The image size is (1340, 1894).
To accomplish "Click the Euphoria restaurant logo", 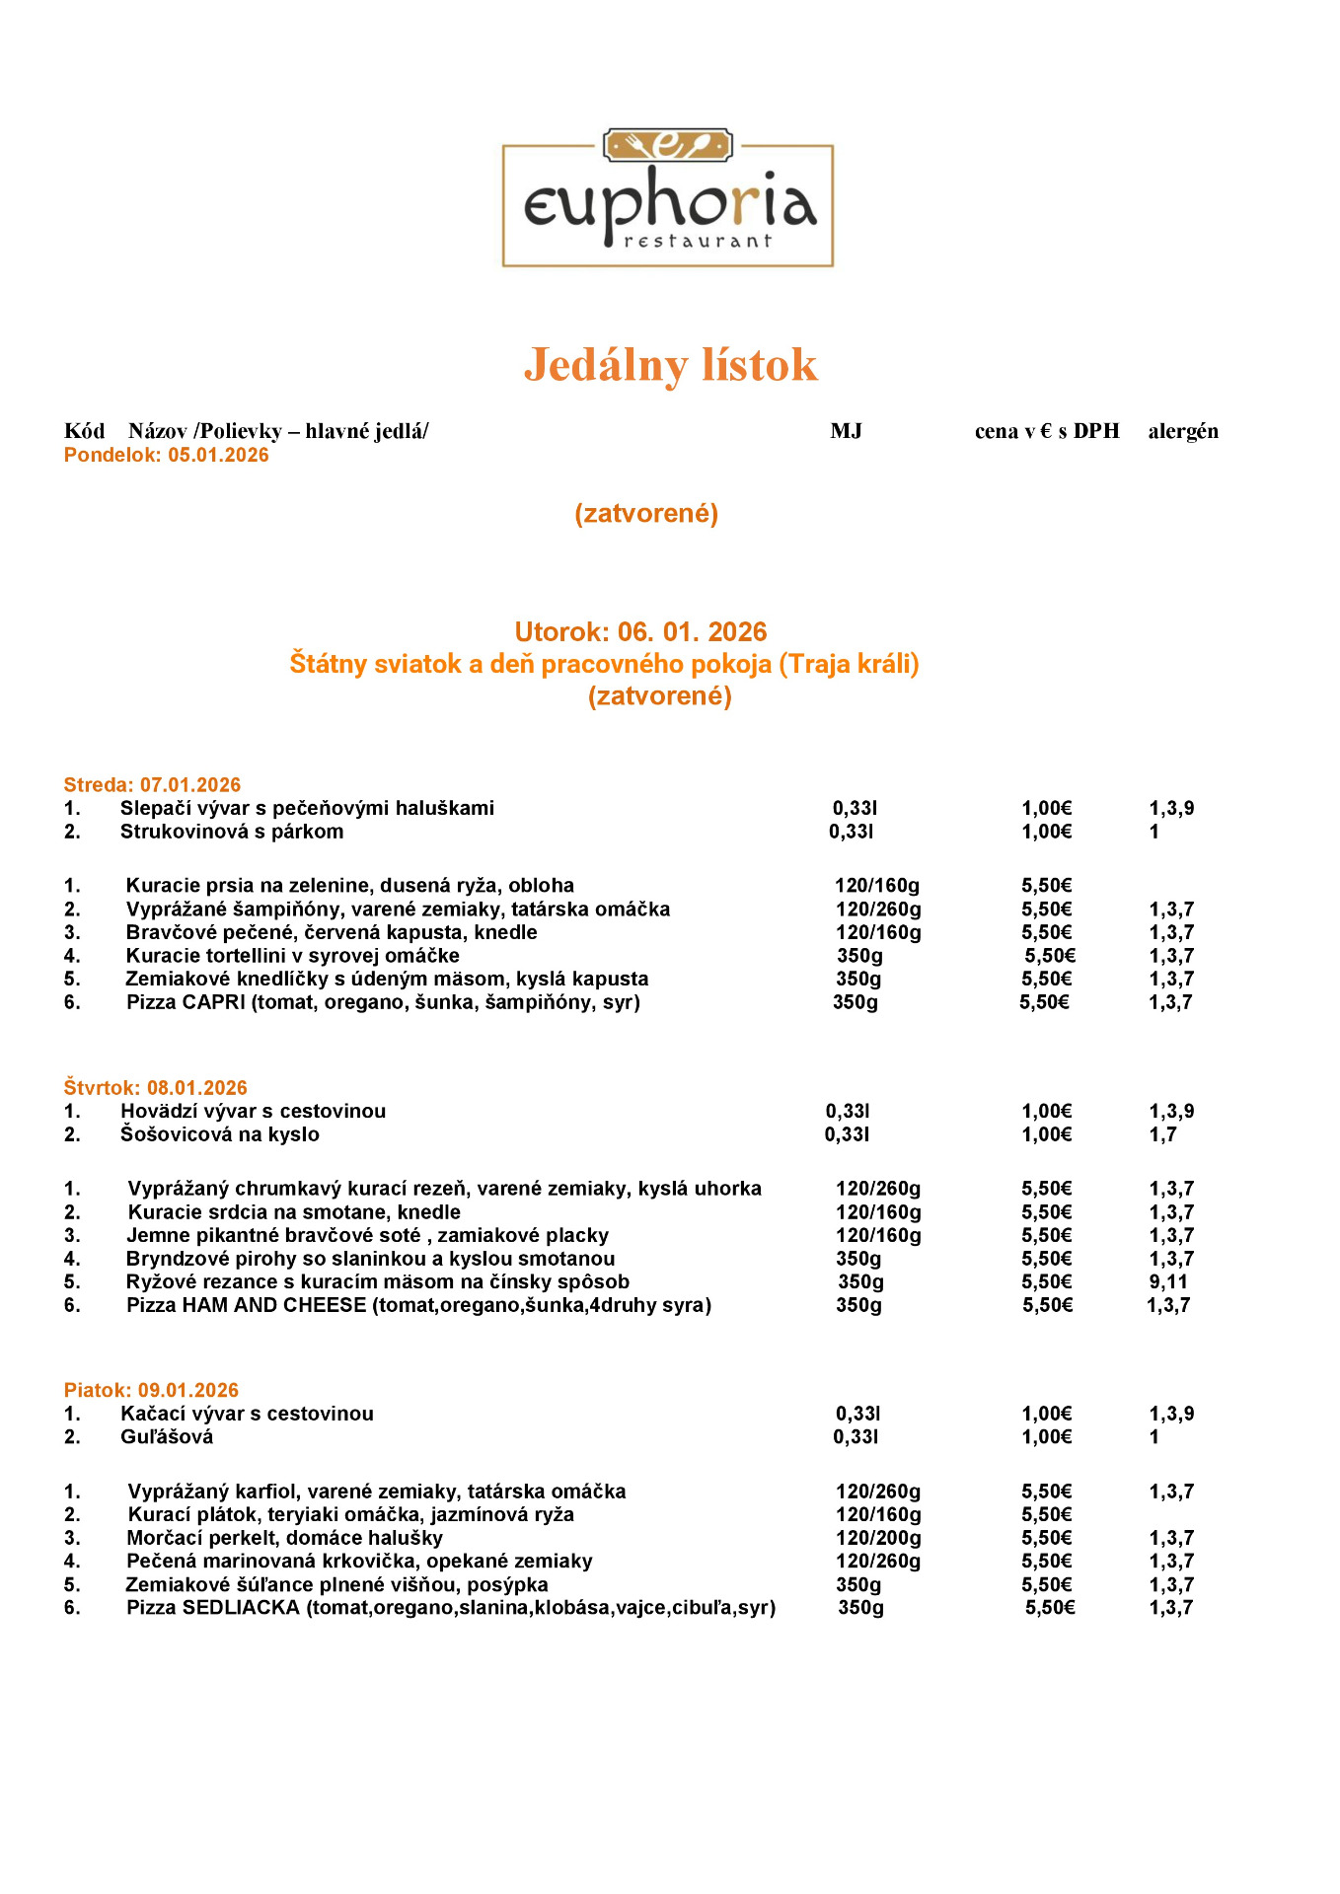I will coord(668,198).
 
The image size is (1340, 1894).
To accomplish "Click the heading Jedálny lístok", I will coord(670,365).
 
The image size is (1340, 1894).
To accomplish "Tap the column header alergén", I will coord(1182,431).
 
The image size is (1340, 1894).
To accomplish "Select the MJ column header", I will coord(846,431).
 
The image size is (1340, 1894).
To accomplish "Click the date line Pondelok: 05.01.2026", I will coord(166,455).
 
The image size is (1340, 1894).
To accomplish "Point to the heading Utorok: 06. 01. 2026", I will coord(640,631).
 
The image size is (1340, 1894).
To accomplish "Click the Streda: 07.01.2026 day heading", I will coord(152,785).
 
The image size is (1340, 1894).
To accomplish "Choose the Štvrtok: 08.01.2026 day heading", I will coord(155,1088).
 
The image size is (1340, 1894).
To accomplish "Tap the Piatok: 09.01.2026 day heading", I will coord(151,1391).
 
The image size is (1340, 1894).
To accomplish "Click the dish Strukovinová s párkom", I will coord(232,832).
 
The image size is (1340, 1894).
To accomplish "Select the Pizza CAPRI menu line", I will coord(383,1003).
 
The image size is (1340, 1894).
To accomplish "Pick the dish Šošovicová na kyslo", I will coord(220,1134).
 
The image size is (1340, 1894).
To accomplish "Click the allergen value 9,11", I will coord(1168,1282).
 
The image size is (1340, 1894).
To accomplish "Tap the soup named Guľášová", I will coord(167,1437).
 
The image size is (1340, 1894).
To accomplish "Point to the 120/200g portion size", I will coord(878,1538).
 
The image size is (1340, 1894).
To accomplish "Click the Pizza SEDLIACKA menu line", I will coord(451,1608).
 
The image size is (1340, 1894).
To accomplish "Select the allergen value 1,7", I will coord(1162,1134).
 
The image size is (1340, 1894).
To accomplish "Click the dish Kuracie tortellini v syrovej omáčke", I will coord(292,956).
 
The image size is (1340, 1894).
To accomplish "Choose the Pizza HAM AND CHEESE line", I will coord(418,1306).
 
